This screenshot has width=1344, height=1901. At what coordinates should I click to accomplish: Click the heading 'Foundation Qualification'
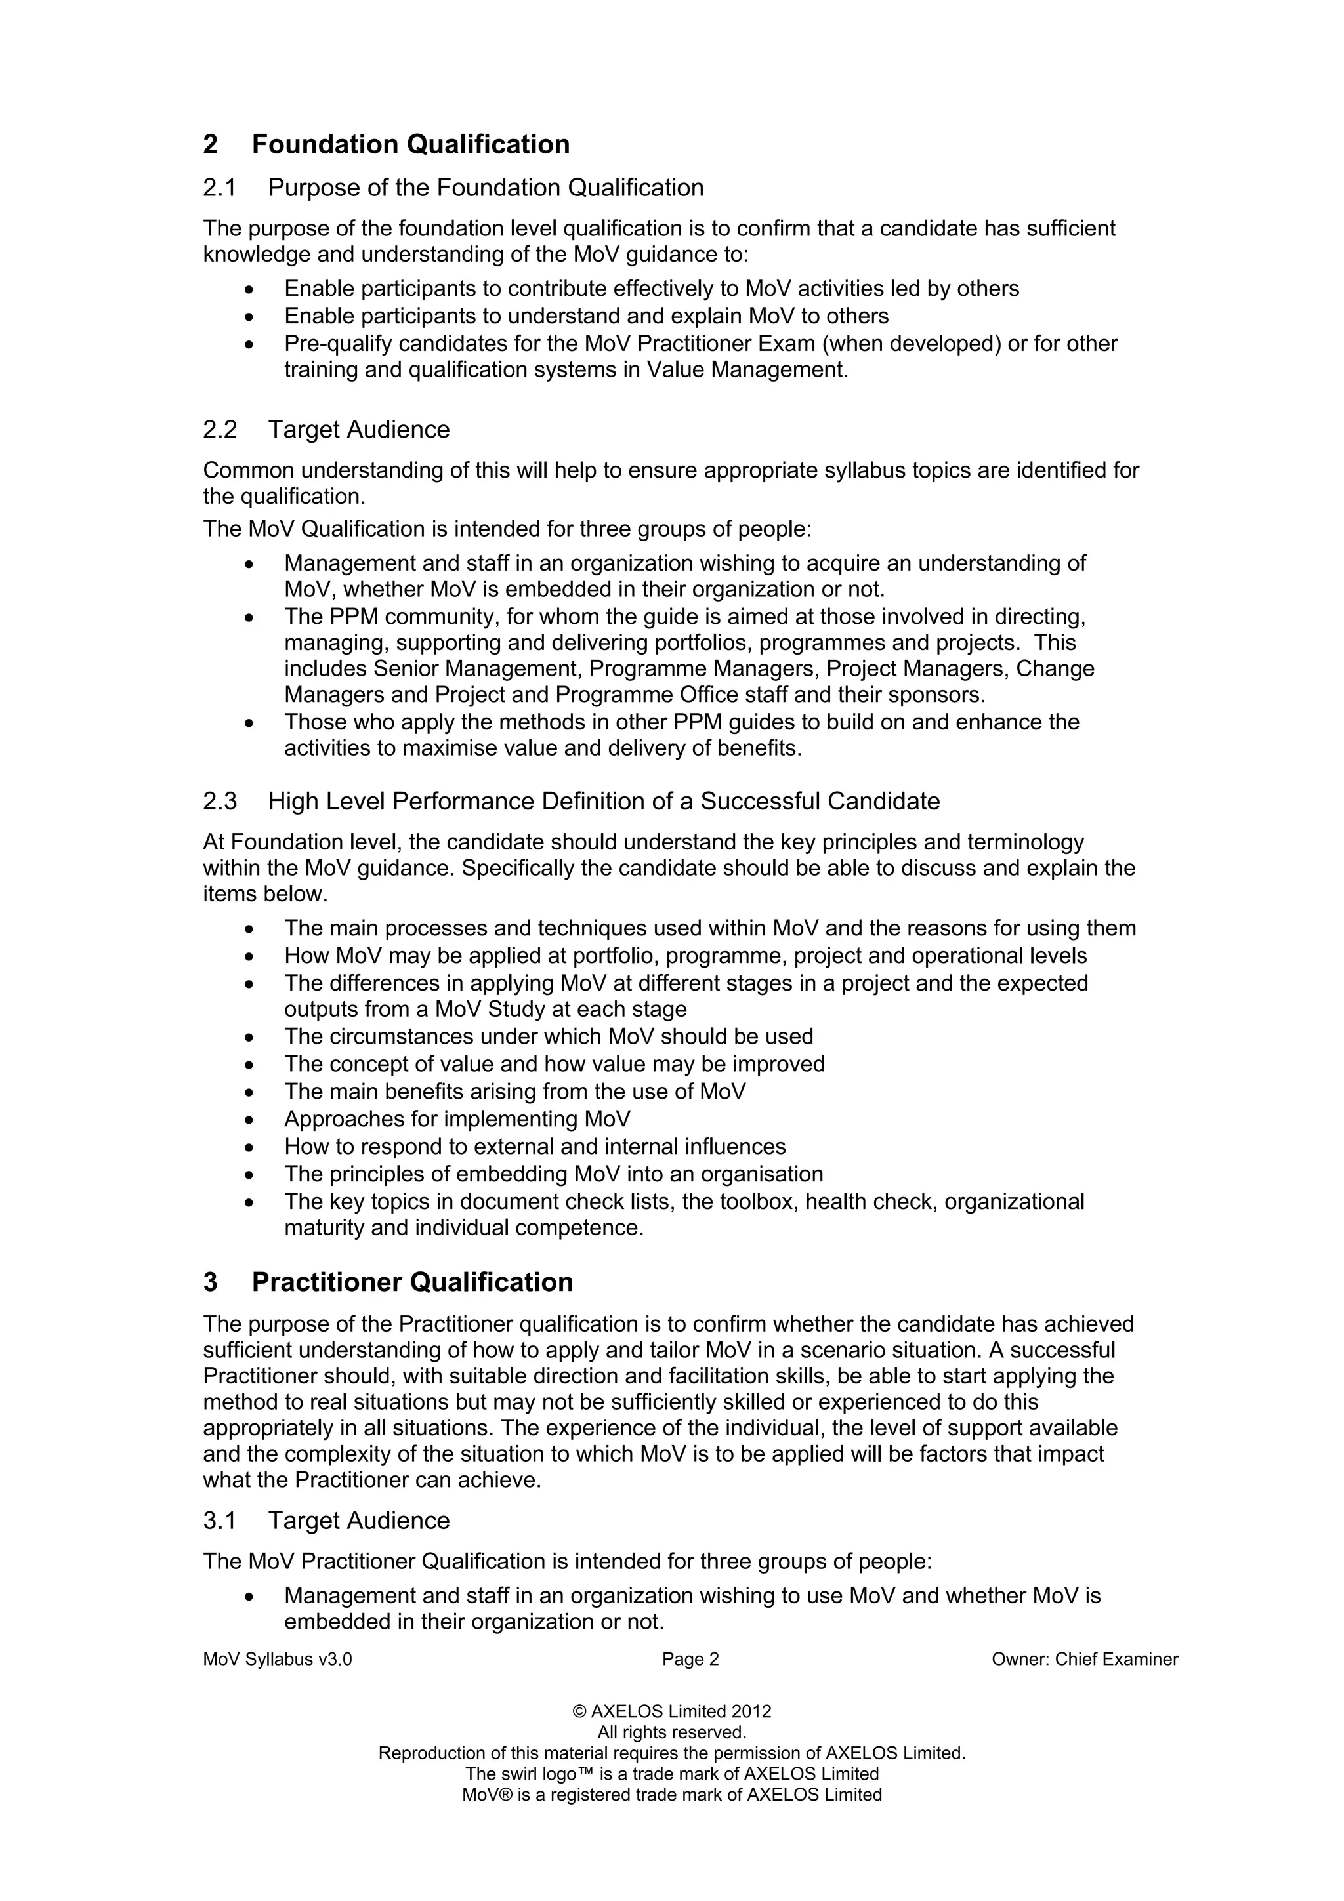coord(410,144)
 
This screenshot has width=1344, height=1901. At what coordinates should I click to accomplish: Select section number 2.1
coord(219,188)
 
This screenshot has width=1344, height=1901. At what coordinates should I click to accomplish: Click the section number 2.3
coord(219,802)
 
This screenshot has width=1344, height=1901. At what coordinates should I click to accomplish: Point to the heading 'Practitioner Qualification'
coord(411,1282)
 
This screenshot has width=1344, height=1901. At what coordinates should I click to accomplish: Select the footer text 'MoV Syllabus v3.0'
coord(278,1659)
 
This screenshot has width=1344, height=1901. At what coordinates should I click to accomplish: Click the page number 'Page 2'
coord(690,1659)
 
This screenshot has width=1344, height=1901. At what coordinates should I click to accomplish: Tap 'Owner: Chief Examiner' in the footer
coord(1084,1659)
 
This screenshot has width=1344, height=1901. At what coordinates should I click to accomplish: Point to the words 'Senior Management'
coord(475,668)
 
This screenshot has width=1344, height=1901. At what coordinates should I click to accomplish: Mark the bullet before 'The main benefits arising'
coord(249,1093)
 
